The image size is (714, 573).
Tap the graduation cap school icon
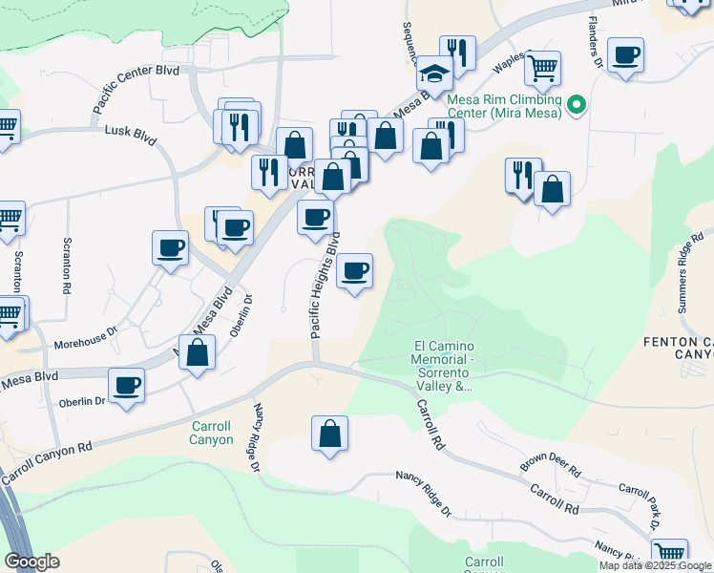434,74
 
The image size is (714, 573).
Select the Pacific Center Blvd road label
136,87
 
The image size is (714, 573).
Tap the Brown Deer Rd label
550,464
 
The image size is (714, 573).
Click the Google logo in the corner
31,562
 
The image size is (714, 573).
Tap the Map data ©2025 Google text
655,565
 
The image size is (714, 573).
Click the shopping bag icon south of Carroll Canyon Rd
329,434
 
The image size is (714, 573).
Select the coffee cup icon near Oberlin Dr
127,385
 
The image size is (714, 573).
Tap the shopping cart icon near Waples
542,67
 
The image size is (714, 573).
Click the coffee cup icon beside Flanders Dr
625,54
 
